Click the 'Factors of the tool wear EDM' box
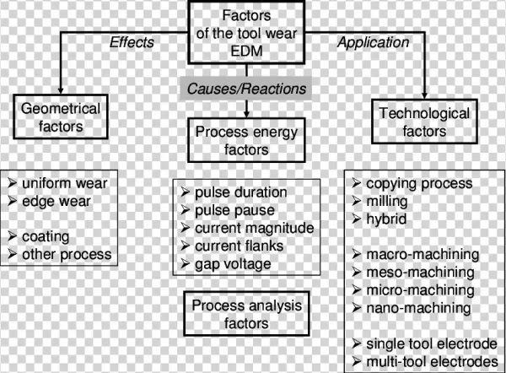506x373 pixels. [245, 33]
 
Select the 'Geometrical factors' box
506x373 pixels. [58, 116]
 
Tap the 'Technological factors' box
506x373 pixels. [425, 124]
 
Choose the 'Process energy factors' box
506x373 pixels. [245, 140]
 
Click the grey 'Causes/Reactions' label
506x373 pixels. [245, 87]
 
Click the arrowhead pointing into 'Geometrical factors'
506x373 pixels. [58, 92]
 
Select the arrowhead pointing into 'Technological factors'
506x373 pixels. [425, 100]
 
